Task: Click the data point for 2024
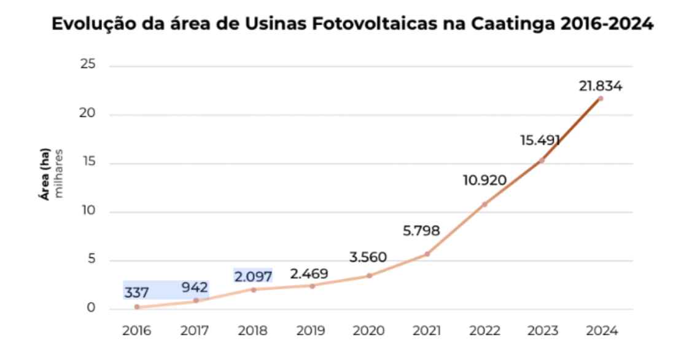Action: pos(600,98)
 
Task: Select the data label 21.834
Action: pos(600,86)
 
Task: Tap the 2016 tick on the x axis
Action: pos(136,331)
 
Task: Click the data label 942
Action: pos(195,286)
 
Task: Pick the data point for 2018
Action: pos(253,289)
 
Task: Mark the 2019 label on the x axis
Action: pos(311,331)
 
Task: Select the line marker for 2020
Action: pos(369,275)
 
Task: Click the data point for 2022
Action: pos(484,204)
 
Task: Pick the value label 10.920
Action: pos(485,181)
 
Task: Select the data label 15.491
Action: pos(540,141)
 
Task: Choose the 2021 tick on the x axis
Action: pos(427,331)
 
